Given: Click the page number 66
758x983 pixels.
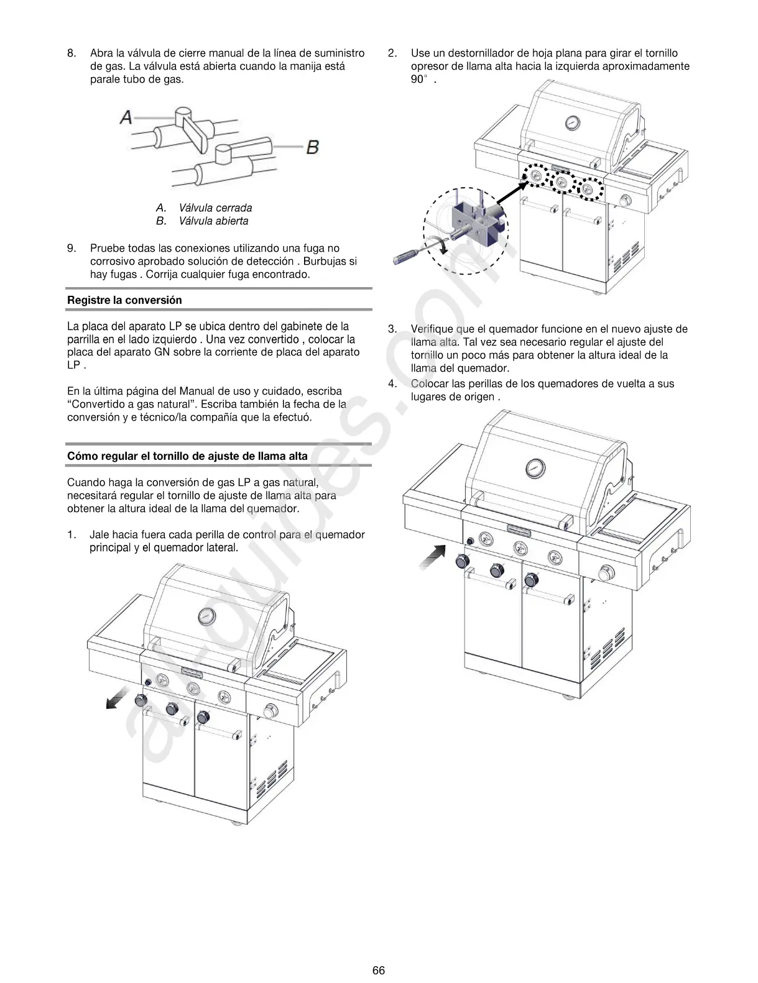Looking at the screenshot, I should pos(379,970).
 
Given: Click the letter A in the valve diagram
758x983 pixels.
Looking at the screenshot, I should pos(126,116).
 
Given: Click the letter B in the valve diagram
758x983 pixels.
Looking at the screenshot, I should pos(313,147).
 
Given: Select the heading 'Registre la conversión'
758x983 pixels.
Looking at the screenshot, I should pos(124,300).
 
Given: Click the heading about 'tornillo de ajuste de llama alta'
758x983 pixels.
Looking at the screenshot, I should pos(187,456).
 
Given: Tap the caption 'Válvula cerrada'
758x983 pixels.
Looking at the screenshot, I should pos(215,208).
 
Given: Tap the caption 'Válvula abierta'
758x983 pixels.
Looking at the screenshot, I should pos(213,221).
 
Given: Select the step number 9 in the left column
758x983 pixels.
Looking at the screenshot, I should pos(72,249).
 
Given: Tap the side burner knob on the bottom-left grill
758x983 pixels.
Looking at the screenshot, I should pos(270,711).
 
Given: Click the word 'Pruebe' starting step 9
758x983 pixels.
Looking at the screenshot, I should pos(106,249).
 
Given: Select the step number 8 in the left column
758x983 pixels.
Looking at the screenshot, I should pos(72,53).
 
